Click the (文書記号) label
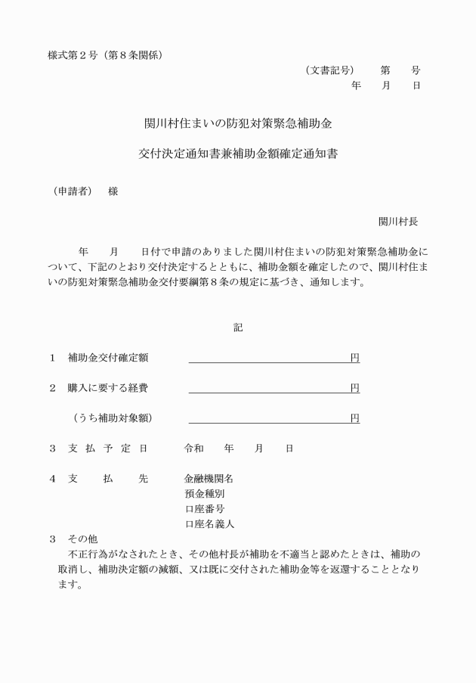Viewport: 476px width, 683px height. tap(330, 70)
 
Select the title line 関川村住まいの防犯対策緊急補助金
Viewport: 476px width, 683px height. tap(238, 123)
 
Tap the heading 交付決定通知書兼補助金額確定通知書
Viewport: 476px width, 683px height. tap(238, 154)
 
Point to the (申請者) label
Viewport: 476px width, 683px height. tap(68, 191)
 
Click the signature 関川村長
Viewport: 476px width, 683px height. tap(398, 222)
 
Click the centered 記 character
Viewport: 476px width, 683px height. tap(238, 328)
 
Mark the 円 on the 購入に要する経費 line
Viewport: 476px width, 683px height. tap(354, 388)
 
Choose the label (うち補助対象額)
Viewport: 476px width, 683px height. tap(113, 418)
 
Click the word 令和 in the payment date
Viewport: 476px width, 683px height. tap(194, 448)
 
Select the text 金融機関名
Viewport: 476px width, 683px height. tap(209, 479)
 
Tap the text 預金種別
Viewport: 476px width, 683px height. tap(204, 494)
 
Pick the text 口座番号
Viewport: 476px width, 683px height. tap(204, 509)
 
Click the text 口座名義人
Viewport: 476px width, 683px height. tap(209, 524)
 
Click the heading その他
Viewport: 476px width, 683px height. tap(82, 539)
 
